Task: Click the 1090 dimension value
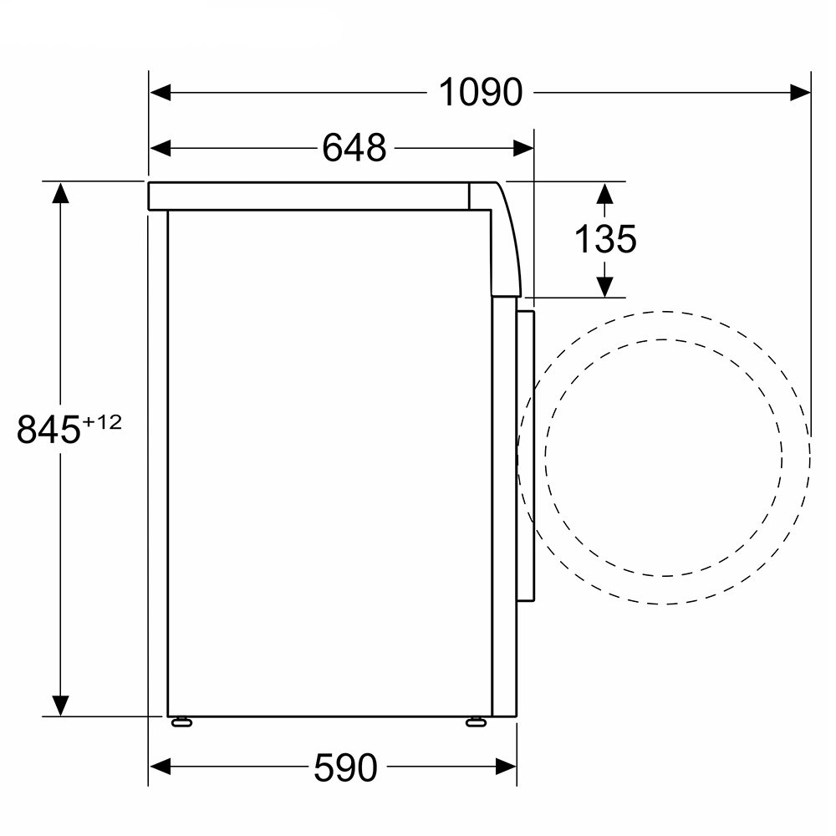pos(481,93)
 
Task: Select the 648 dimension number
pos(354,148)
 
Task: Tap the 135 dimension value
pos(605,238)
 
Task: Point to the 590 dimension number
pos(345,767)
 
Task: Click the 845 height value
pos(48,429)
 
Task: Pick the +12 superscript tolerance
pos(102,422)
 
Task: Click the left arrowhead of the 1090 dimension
pos(160,92)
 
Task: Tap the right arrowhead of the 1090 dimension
pos(800,92)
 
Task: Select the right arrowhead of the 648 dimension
pos(523,148)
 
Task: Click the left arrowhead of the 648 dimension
pos(160,148)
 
